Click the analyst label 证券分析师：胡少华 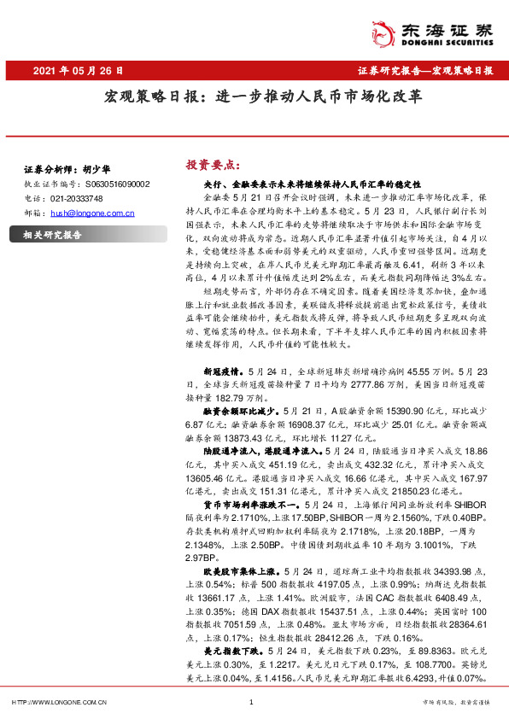pyautogui.click(x=62, y=170)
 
